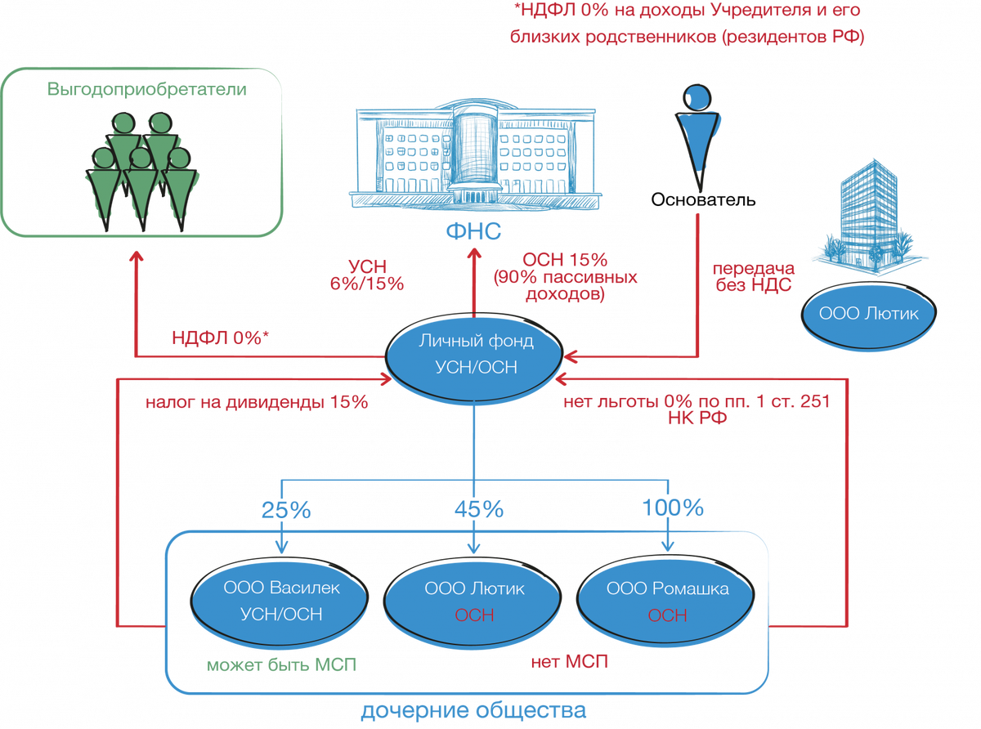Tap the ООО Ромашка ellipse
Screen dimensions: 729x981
point(668,601)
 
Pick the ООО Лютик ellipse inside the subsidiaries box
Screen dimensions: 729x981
point(475,601)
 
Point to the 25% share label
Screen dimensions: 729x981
point(286,510)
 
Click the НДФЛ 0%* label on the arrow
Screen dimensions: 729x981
point(220,338)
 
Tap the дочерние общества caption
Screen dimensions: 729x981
point(473,711)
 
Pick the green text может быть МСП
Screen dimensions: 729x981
point(280,664)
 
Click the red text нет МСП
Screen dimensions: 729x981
point(570,661)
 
